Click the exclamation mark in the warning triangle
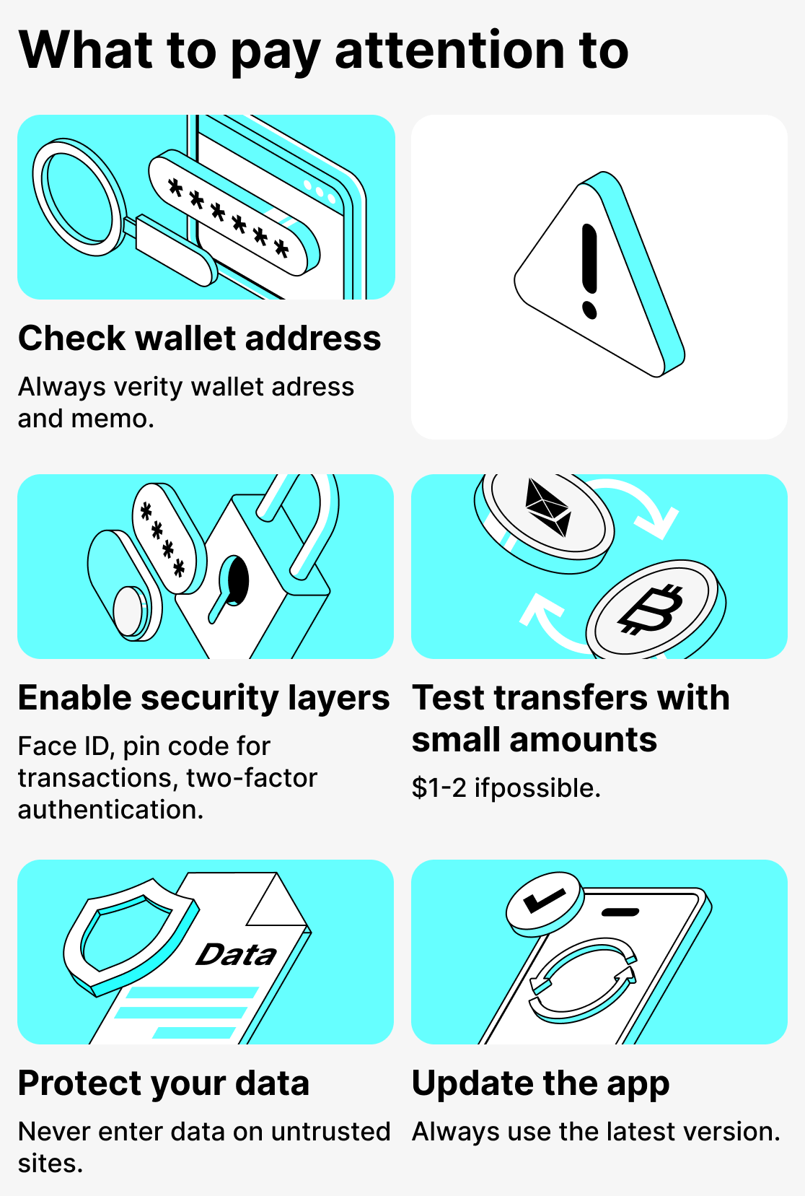point(589,271)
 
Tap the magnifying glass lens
point(75,196)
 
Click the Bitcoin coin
point(651,608)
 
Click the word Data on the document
point(237,955)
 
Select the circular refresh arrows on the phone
point(583,979)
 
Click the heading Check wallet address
point(199,339)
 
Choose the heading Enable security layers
point(203,698)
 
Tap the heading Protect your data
point(164,1083)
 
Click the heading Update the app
point(540,1083)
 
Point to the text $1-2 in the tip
point(439,788)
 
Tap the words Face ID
point(63,746)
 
